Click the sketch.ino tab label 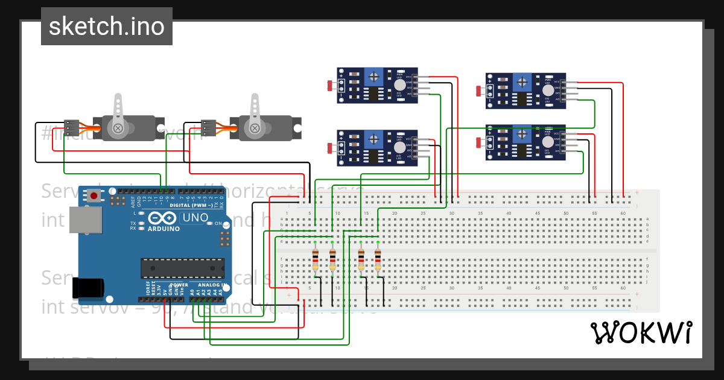point(106,27)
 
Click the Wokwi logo point(641,332)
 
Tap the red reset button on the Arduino point(94,195)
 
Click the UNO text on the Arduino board point(195,217)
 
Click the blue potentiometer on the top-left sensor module point(374,77)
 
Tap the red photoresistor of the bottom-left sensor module point(329,148)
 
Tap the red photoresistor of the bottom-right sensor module point(478,142)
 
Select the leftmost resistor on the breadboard point(315,260)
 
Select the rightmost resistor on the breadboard point(378,260)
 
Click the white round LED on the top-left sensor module point(399,86)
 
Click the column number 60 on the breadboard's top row point(623,214)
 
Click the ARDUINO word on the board point(163,229)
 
